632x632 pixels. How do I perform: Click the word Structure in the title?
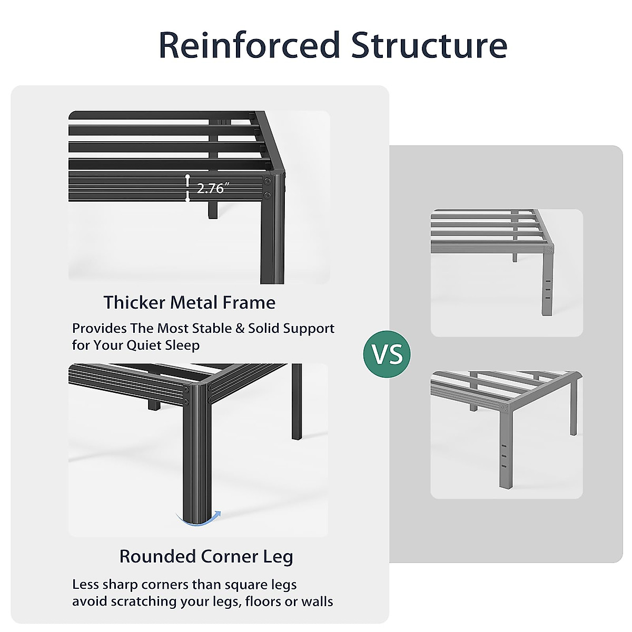pyautogui.click(x=429, y=45)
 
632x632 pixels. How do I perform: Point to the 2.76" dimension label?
pyautogui.click(x=211, y=188)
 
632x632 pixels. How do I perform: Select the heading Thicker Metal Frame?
pyautogui.click(x=190, y=303)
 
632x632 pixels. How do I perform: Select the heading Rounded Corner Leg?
pyautogui.click(x=206, y=557)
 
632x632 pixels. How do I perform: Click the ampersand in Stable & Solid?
pyautogui.click(x=240, y=329)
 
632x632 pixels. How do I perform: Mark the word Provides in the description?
pyautogui.click(x=100, y=329)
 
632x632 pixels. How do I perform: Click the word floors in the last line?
pyautogui.click(x=263, y=601)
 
